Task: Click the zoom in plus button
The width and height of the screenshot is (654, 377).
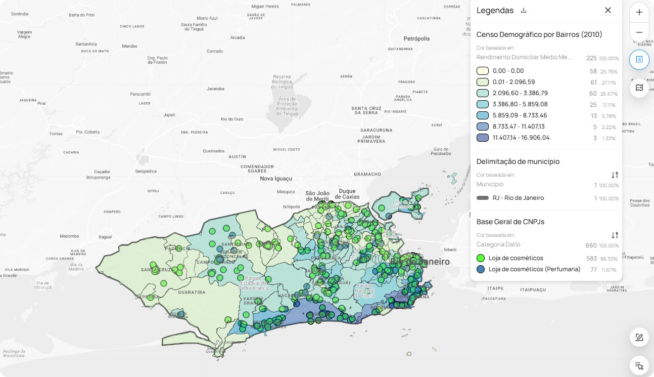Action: [639, 12]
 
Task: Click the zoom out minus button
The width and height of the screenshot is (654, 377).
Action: [639, 32]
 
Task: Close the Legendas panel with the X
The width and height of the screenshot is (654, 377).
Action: [608, 10]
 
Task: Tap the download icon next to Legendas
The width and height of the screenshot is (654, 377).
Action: [524, 10]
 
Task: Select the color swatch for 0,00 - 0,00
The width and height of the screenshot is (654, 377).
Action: [482, 71]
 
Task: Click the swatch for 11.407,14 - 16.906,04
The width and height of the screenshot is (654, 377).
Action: [482, 138]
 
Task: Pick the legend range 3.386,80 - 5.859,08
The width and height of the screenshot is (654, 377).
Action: [520, 104]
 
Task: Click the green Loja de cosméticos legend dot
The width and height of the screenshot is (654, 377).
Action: [481, 258]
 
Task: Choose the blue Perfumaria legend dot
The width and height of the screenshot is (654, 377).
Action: [481, 269]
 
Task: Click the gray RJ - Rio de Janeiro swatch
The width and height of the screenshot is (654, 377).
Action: [482, 198]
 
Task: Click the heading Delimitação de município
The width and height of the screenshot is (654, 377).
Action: [518, 161]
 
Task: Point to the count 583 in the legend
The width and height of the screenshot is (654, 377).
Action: [591, 258]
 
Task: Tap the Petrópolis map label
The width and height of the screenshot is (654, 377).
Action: [416, 39]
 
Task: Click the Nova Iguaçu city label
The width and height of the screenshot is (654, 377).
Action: [276, 179]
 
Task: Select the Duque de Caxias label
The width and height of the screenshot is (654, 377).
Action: [349, 194]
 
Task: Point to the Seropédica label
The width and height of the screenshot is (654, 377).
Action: [146, 172]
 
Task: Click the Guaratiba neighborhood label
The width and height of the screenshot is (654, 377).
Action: [191, 292]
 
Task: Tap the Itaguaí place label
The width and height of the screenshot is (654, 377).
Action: [105, 237]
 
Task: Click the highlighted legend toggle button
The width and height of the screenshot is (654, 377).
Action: [639, 60]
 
